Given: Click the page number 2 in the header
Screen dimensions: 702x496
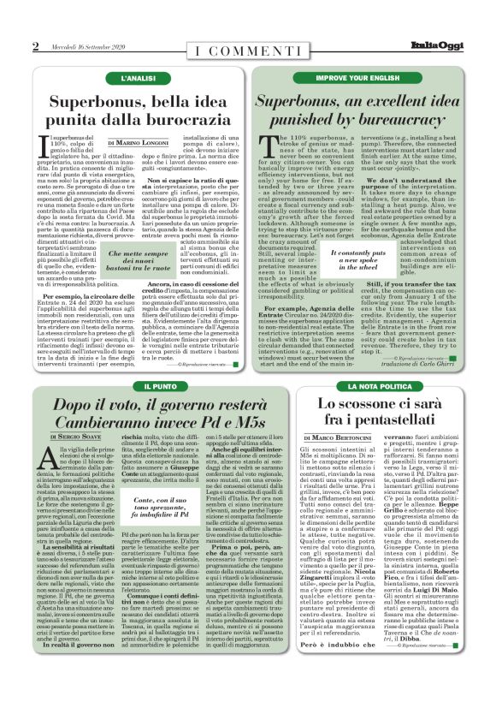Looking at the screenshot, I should pyautogui.click(x=35, y=46).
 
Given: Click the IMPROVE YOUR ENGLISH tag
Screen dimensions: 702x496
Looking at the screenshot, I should pyautogui.click(x=360, y=77).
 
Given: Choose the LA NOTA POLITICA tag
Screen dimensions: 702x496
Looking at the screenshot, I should pyautogui.click(x=360, y=387).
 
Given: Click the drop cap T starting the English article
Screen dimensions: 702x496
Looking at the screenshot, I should pyautogui.click(x=263, y=143).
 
